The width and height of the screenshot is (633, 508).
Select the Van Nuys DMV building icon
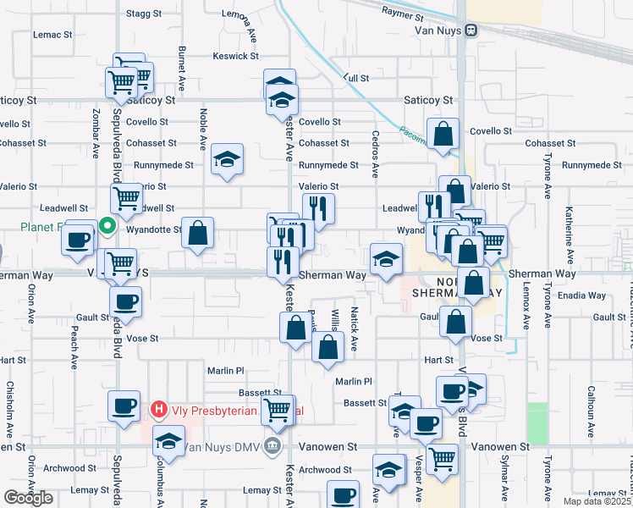(272, 445)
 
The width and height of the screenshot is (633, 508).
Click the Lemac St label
(52, 35)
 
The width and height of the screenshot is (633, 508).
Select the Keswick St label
(236, 56)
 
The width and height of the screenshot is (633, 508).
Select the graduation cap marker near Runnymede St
(227, 159)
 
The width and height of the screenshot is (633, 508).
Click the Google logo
(28, 498)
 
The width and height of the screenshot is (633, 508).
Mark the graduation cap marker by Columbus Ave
(169, 440)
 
